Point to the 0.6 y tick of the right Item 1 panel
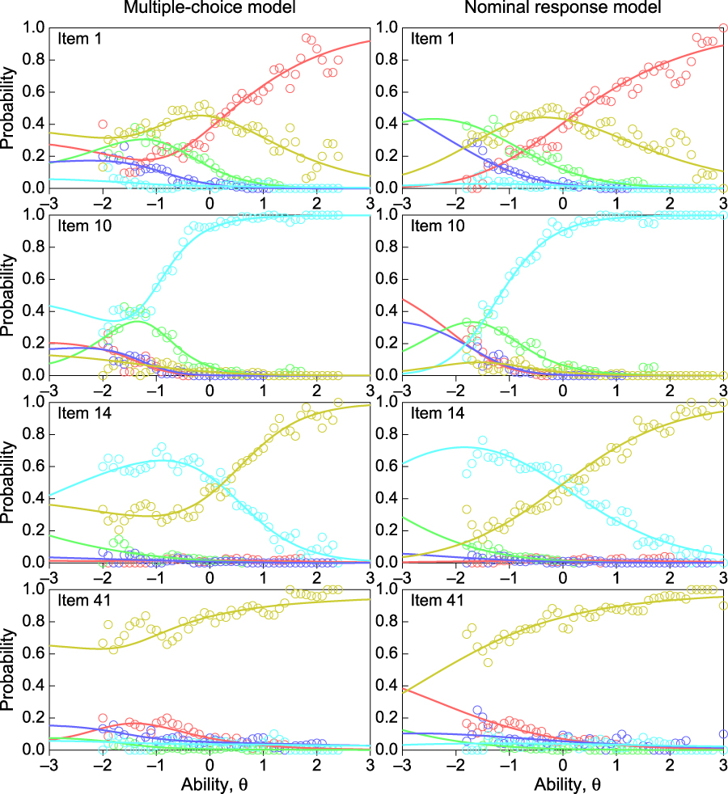[387, 92]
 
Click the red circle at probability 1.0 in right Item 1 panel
[723, 27]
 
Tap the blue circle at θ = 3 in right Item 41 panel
[723, 734]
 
